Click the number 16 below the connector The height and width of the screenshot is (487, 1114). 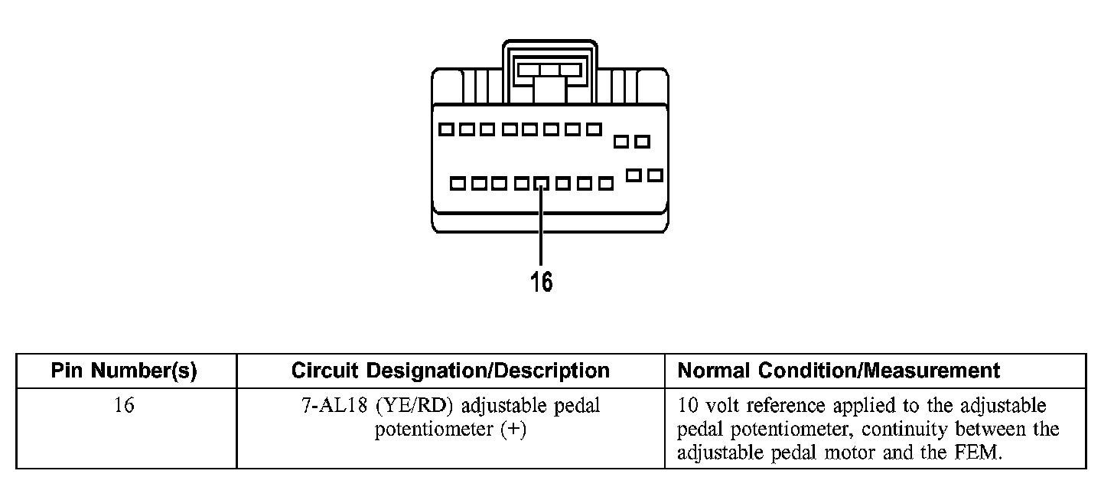tap(541, 282)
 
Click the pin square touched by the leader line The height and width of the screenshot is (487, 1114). tap(541, 184)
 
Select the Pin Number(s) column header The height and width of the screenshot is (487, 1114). tap(124, 371)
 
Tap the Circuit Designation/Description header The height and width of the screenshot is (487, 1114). tap(451, 371)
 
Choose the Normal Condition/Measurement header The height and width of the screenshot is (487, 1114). tap(839, 371)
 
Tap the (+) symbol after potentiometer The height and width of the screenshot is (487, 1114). tap(513, 429)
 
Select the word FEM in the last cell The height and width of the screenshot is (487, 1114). tap(980, 452)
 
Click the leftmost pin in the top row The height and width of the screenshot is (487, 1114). tap(446, 129)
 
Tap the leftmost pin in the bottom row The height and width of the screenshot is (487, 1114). tap(458, 184)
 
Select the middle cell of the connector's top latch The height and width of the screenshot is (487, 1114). tap(549, 70)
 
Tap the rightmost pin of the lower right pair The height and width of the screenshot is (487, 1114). tap(655, 175)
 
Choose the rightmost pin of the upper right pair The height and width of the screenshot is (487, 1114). tap(643, 141)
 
